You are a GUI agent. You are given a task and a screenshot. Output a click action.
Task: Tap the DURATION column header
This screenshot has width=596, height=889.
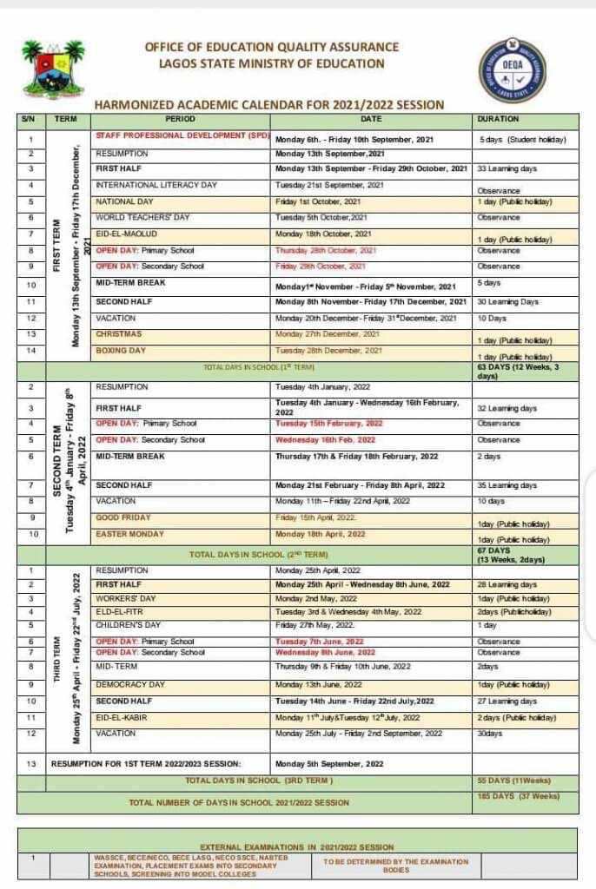click(x=498, y=119)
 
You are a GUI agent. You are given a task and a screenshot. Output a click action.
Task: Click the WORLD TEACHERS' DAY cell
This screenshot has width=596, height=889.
click(x=143, y=217)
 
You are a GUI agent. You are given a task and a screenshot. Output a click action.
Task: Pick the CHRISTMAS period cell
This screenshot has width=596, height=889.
click(x=118, y=333)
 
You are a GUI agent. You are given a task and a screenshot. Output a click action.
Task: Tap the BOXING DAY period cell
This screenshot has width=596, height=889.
click(x=121, y=351)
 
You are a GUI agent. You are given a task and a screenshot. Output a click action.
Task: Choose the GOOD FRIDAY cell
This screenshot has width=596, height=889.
click(x=123, y=517)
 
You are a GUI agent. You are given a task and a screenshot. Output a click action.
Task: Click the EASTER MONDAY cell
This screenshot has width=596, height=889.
click(x=129, y=534)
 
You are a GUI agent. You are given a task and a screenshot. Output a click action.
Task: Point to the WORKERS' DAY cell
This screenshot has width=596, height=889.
click(x=126, y=598)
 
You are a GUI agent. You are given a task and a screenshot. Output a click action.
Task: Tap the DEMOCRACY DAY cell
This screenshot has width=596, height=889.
click(x=130, y=684)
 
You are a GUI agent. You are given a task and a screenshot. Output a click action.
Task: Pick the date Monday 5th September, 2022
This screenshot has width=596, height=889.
click(x=328, y=764)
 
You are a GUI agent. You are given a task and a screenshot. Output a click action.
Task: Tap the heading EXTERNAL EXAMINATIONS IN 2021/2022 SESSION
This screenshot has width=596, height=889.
click(x=296, y=846)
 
